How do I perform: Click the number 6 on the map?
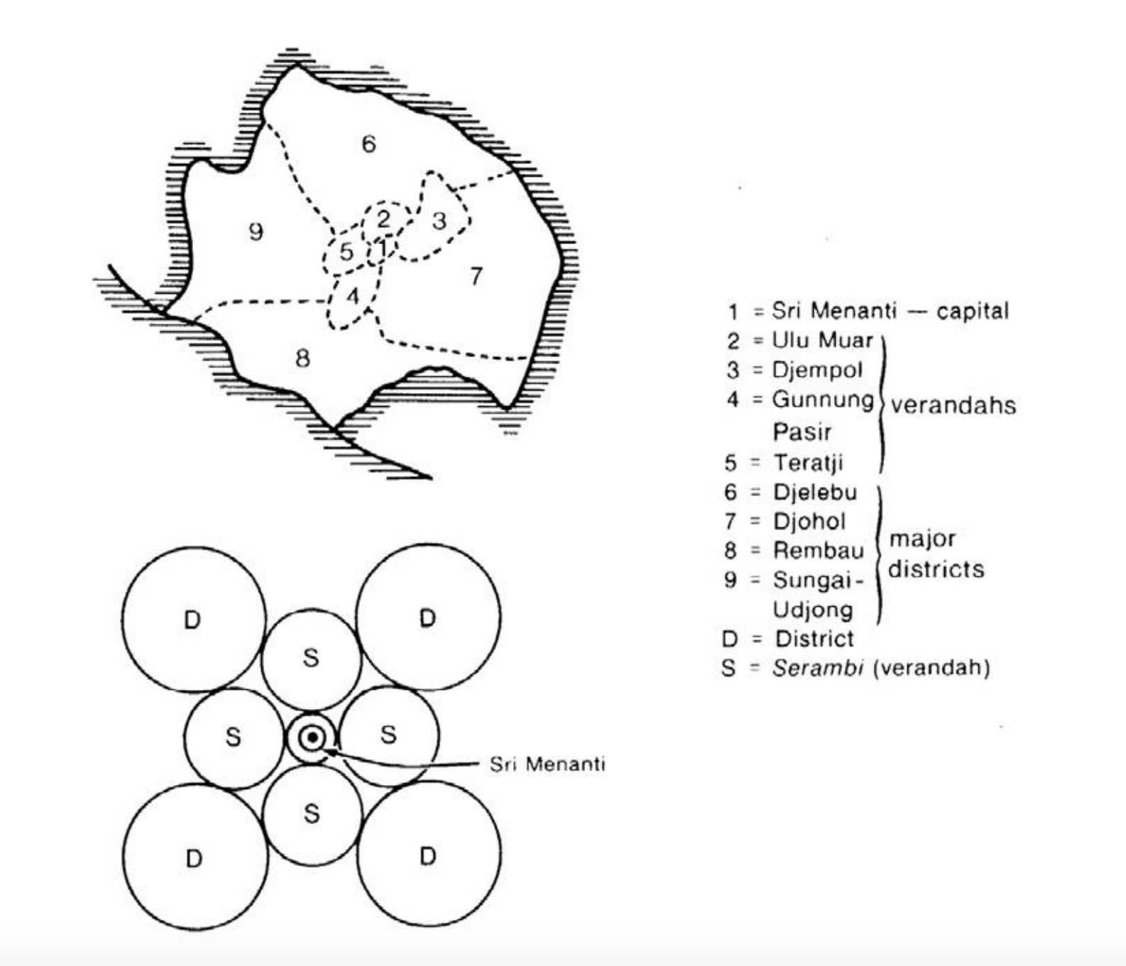368,144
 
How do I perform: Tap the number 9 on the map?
256,231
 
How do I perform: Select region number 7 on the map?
476,275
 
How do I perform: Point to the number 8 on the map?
302,358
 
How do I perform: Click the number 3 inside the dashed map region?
439,221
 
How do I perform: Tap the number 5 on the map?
346,251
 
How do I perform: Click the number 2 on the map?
383,219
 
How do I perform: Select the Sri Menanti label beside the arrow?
547,764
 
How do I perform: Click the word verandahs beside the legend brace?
953,405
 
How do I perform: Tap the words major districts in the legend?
936,554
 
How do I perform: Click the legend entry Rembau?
818,550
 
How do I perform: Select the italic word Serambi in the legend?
817,668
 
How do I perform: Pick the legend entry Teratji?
808,463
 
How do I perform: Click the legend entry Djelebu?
814,492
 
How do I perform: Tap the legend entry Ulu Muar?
822,340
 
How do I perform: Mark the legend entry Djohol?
809,522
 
